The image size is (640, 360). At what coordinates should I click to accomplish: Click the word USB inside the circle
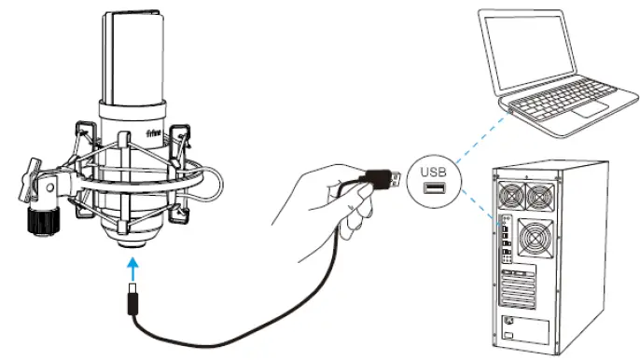pos(435,172)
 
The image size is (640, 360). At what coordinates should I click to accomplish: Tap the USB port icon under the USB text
pos(435,189)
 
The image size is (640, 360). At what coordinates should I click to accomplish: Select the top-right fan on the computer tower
pos(539,197)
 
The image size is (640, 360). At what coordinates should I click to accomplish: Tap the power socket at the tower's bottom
pos(510,326)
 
